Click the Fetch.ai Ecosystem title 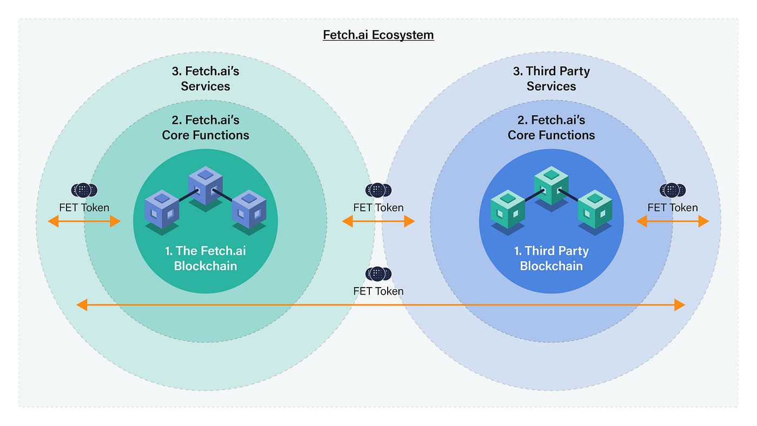click(x=378, y=35)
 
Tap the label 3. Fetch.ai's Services click(x=205, y=78)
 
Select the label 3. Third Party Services click(x=551, y=78)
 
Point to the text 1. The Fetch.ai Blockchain click(x=205, y=258)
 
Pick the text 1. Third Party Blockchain click(x=551, y=258)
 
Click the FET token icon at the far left click(x=84, y=190)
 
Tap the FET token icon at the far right click(x=672, y=190)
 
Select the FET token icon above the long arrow click(x=378, y=274)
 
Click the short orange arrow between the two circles click(x=378, y=221)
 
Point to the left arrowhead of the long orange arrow click(x=82, y=305)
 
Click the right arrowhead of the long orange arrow click(x=680, y=305)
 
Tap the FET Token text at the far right click(x=672, y=208)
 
